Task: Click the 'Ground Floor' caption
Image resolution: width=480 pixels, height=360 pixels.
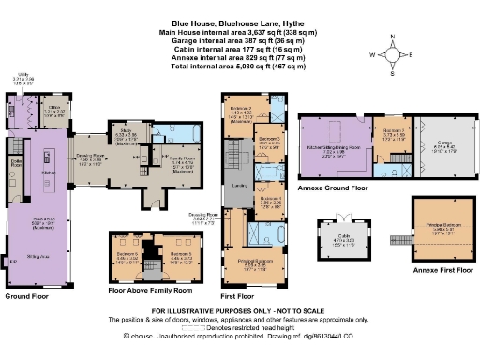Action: click(27, 295)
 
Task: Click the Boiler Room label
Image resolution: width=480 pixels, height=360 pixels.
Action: click(15, 162)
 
